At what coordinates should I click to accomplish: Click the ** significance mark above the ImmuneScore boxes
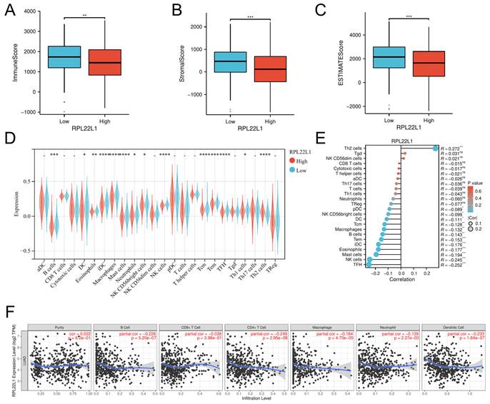[x=84, y=15]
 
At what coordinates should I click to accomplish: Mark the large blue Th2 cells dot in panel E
[x=436, y=147]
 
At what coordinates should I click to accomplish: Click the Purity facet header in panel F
[x=60, y=326]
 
